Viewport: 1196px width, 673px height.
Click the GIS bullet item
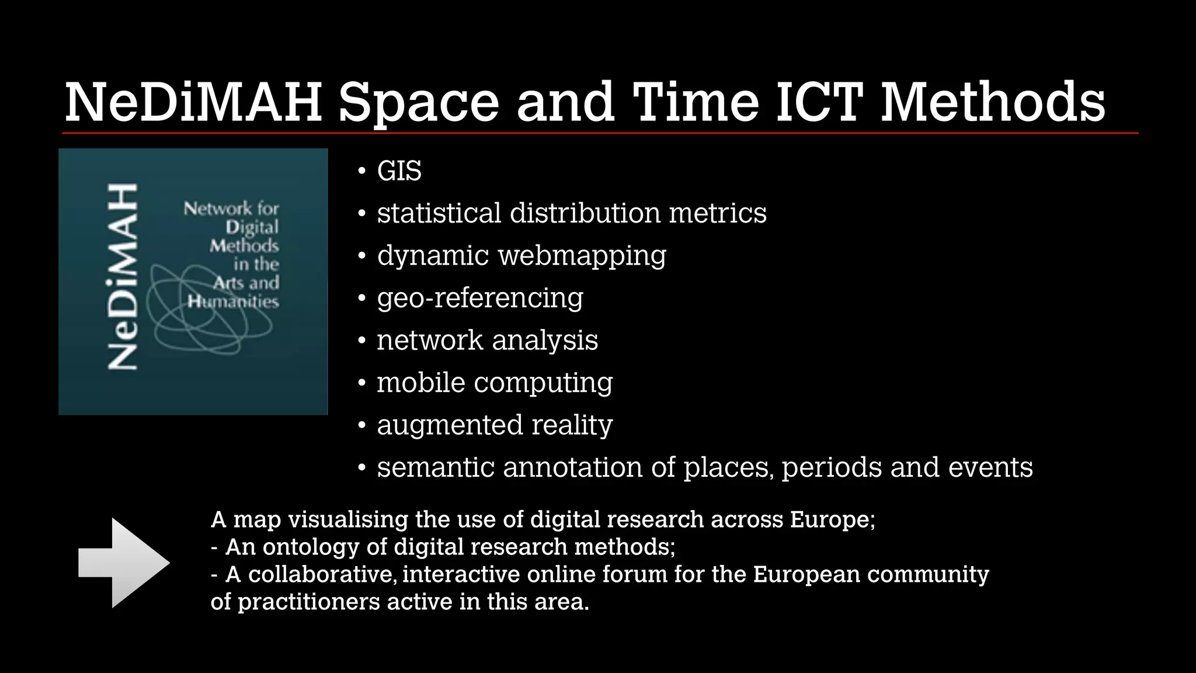(x=399, y=171)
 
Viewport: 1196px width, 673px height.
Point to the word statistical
(x=439, y=213)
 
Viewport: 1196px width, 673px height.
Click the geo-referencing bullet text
(x=479, y=298)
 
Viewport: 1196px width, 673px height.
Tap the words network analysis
(x=487, y=340)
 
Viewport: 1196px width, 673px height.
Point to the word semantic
(x=435, y=467)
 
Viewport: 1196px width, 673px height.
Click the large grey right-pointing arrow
(x=124, y=563)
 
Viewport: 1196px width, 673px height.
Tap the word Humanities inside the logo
(x=233, y=301)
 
